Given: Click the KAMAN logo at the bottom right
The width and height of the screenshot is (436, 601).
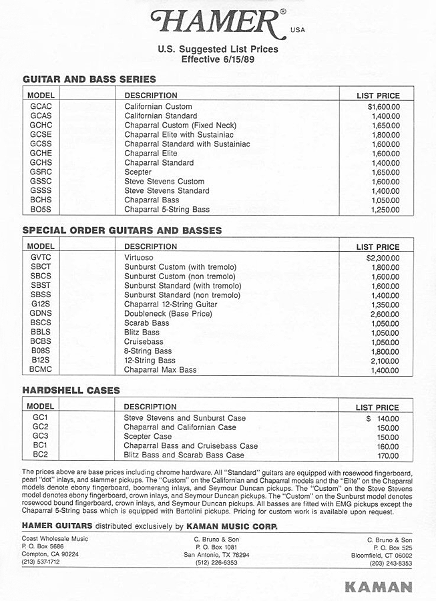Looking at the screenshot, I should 378,587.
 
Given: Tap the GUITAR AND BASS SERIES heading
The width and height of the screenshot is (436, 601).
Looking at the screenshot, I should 89,79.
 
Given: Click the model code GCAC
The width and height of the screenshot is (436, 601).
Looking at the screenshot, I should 41,107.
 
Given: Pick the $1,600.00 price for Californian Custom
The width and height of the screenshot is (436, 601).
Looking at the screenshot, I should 383,107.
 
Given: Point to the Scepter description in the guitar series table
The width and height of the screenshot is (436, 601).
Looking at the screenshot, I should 138,172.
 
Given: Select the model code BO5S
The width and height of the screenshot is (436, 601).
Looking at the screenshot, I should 41,210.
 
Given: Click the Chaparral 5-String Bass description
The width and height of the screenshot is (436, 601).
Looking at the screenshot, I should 167,210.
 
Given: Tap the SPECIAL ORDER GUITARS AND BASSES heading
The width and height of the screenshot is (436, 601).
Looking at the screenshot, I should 122,230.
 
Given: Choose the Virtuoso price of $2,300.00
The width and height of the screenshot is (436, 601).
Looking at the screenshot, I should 383,258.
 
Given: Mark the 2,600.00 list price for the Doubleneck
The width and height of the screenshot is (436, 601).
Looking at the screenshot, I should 385,314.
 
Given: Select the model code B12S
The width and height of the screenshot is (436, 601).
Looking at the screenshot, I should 41,361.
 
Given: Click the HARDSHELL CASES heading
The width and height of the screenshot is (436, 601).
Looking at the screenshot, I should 71,390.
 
